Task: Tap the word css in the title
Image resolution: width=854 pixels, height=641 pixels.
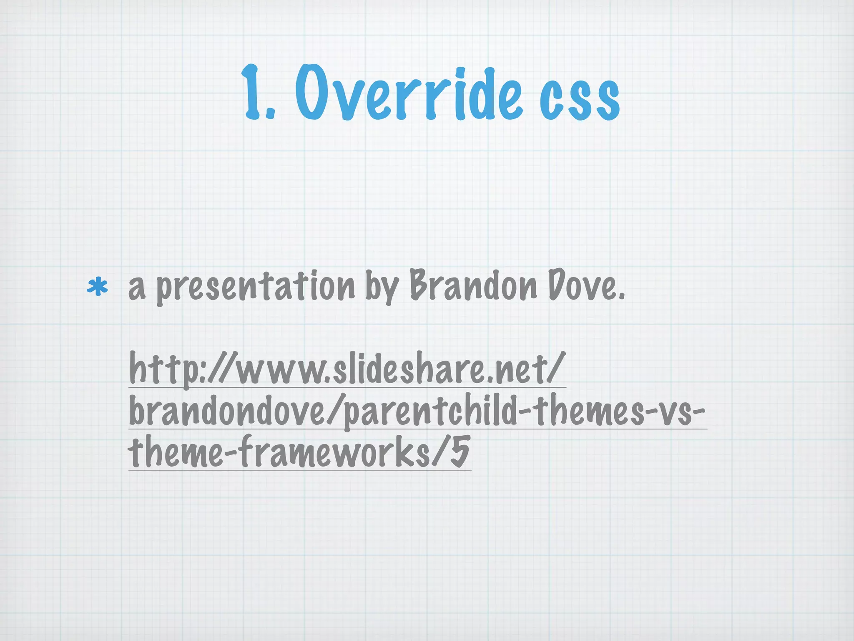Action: (580, 98)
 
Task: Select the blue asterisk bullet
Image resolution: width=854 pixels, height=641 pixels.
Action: (97, 287)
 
